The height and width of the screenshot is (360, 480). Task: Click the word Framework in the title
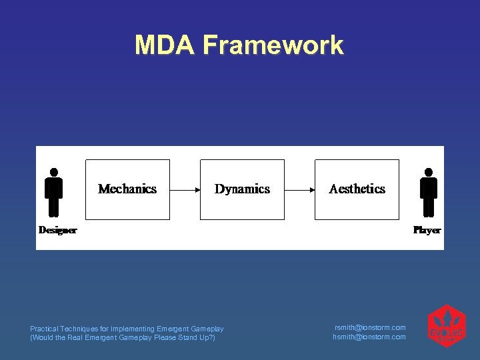pyautogui.click(x=273, y=45)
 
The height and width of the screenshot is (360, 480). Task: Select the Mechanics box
pyautogui.click(x=127, y=189)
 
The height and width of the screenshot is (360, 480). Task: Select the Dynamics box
pyautogui.click(x=242, y=189)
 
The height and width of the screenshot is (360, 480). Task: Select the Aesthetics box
pyautogui.click(x=357, y=189)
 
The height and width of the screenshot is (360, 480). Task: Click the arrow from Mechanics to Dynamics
pyautogui.click(x=185, y=190)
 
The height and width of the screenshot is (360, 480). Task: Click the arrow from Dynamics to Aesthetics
pyautogui.click(x=299, y=190)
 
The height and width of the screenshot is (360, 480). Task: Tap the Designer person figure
pyautogui.click(x=54, y=193)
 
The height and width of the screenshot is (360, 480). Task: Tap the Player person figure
pyautogui.click(x=429, y=193)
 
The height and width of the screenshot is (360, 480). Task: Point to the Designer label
pyautogui.click(x=57, y=230)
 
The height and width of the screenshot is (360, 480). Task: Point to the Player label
pyautogui.click(x=427, y=230)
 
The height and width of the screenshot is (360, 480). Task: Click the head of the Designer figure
pyautogui.click(x=54, y=171)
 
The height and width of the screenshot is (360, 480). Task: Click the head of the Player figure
pyautogui.click(x=429, y=171)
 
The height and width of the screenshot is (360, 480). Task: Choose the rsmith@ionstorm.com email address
pyautogui.click(x=369, y=327)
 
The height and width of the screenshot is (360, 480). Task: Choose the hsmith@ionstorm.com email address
pyautogui.click(x=369, y=337)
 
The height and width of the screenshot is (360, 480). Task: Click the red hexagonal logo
pyautogui.click(x=446, y=326)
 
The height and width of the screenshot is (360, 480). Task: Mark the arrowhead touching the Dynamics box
pyautogui.click(x=197, y=190)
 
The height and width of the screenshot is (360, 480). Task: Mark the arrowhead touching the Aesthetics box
pyautogui.click(x=312, y=190)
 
